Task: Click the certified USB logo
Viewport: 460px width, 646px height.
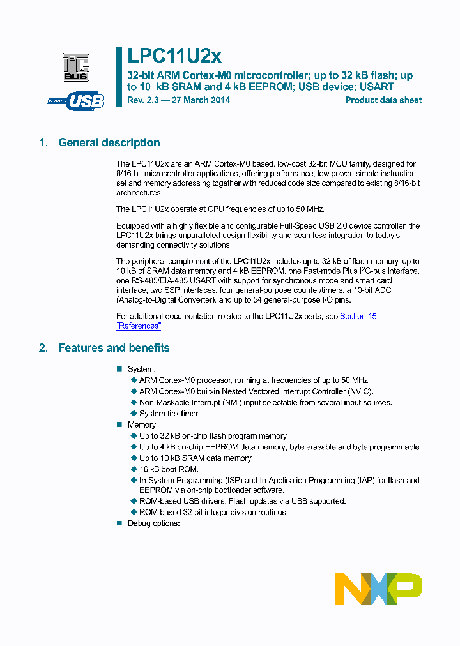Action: coord(76,101)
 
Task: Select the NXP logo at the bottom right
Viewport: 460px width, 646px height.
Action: coord(378,588)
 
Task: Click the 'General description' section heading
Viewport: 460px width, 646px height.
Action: coord(109,142)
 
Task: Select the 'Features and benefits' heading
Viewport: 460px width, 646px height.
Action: coord(114,348)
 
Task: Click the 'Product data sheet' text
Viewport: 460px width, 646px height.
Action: coord(383,100)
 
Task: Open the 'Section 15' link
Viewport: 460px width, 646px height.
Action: coord(358,316)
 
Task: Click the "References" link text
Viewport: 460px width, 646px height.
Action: coord(139,326)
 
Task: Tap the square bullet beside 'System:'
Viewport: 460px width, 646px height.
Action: coord(119,370)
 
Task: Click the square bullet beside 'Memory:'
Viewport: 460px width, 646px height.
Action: coord(119,424)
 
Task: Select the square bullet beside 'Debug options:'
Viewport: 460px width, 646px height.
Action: coord(119,523)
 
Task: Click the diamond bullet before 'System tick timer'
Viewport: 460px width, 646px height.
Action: coord(134,414)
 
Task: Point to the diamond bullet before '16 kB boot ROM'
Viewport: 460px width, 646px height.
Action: coord(134,469)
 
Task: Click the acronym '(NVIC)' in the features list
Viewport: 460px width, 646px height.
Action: coord(360,391)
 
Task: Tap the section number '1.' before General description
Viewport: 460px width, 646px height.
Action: coord(43,142)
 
